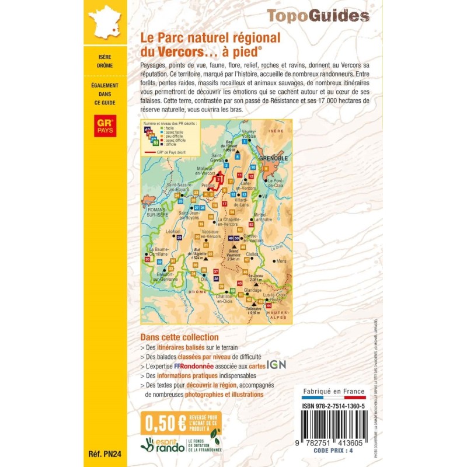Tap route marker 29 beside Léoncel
click(179, 238)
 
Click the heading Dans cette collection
click(179, 337)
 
